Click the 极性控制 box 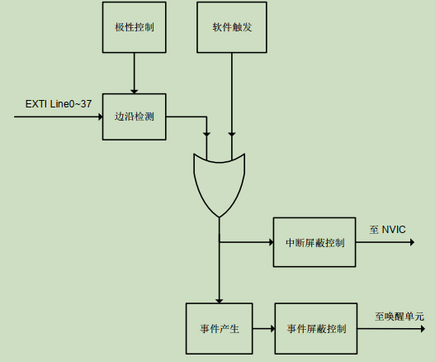(x=134, y=26)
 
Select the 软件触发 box (x=232, y=26)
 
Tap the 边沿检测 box (x=134, y=117)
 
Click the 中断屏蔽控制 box (x=314, y=242)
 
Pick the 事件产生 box (x=219, y=328)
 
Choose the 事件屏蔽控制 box (x=316, y=328)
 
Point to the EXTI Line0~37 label (x=58, y=104)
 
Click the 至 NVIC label (x=387, y=229)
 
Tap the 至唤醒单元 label (x=399, y=316)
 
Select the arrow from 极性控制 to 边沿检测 (x=134, y=72)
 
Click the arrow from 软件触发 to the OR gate (x=232, y=99)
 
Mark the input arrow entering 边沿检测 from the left (x=58, y=117)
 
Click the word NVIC (x=394, y=229)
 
